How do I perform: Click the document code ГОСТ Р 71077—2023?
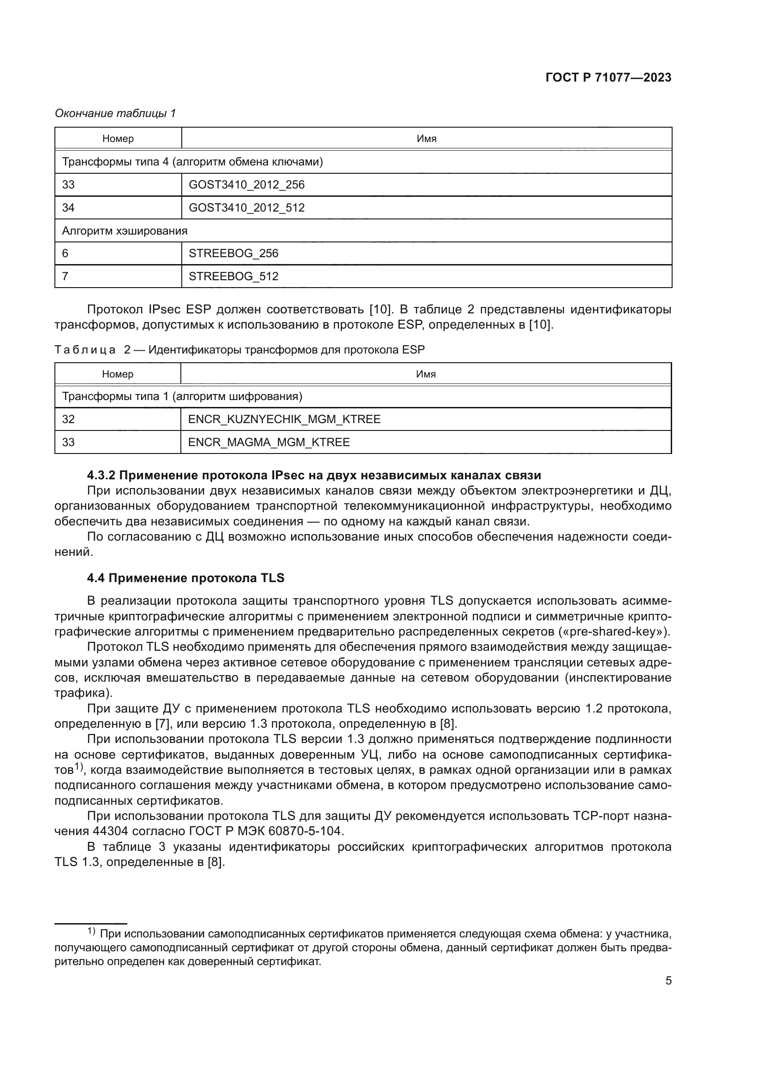pyautogui.click(x=608, y=78)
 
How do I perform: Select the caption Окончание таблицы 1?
pyautogui.click(x=115, y=113)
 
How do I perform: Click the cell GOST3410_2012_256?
pyautogui.click(x=246, y=184)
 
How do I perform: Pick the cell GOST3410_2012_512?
pyautogui.click(x=246, y=207)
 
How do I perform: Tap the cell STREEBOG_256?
pyautogui.click(x=233, y=253)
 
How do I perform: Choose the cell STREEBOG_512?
pyautogui.click(x=233, y=276)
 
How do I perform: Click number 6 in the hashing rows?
pyautogui.click(x=66, y=253)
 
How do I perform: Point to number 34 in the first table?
pyautogui.click(x=68, y=207)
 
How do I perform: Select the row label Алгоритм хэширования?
pyautogui.click(x=125, y=230)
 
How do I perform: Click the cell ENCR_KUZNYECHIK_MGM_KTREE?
pyautogui.click(x=284, y=419)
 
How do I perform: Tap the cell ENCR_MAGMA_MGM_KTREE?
pyautogui.click(x=269, y=442)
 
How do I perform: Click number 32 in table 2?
pyautogui.click(x=68, y=419)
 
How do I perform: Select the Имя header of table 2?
pyautogui.click(x=426, y=374)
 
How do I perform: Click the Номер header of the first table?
pyautogui.click(x=118, y=139)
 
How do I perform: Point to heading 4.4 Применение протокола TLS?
pyautogui.click(x=185, y=578)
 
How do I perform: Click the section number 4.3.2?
pyautogui.click(x=101, y=475)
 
